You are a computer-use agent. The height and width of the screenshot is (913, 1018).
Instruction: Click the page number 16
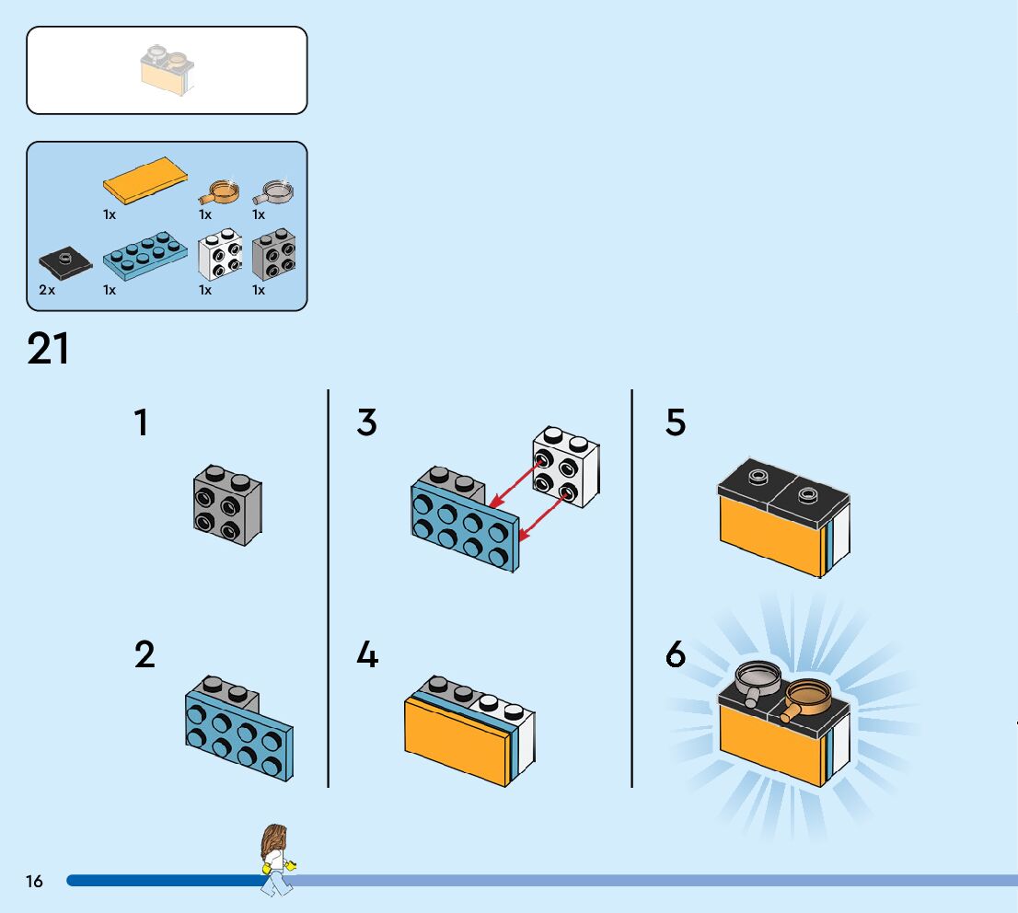click(34, 882)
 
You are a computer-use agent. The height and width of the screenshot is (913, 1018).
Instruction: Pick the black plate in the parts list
click(66, 263)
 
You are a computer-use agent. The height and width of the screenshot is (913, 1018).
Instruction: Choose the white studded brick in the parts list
click(221, 257)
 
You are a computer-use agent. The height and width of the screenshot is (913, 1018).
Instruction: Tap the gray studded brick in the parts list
click(274, 255)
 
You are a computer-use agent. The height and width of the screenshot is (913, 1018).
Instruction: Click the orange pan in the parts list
click(220, 191)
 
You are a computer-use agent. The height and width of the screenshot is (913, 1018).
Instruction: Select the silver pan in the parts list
click(274, 191)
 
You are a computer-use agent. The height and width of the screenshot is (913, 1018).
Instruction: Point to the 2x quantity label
click(47, 290)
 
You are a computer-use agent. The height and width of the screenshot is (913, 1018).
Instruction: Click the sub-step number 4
click(367, 655)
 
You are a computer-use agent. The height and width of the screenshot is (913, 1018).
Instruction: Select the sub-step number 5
click(676, 422)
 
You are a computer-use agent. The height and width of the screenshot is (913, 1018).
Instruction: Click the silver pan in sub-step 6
click(758, 679)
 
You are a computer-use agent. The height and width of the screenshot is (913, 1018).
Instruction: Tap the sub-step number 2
click(145, 655)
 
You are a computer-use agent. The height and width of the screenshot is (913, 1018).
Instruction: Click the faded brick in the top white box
click(167, 69)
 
